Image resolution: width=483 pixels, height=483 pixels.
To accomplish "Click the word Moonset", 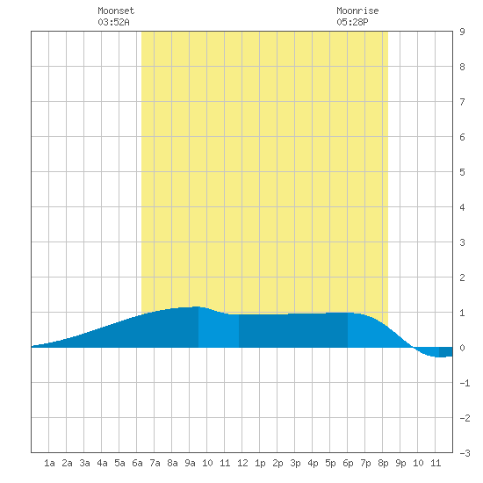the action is (116, 11).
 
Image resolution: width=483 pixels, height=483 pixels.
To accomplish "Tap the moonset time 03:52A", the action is (113, 22).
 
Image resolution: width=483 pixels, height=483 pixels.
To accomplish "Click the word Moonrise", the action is (357, 11).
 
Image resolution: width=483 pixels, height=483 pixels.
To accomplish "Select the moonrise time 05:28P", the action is (352, 22).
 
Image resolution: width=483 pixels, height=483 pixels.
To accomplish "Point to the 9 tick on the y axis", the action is (462, 32).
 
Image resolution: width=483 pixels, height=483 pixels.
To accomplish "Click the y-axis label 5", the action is (462, 172).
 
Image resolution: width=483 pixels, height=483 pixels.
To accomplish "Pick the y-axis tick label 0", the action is (462, 348).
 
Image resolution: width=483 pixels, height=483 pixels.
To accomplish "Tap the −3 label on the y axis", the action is (465, 453).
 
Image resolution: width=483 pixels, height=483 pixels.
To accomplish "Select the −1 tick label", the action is (465, 383).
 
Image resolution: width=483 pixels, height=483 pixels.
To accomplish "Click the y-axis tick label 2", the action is (462, 278).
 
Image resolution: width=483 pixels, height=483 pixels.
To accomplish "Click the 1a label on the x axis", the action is (49, 463).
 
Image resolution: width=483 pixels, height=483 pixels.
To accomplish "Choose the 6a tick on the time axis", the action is (137, 463).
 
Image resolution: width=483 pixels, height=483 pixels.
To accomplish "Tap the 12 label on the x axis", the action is (242, 463).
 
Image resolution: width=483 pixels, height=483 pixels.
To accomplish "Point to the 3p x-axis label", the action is (295, 463).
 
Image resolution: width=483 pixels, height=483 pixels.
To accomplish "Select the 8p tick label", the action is (383, 463).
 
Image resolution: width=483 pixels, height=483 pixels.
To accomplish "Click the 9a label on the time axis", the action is (190, 463).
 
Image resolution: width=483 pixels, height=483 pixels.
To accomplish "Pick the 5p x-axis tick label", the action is (330, 463).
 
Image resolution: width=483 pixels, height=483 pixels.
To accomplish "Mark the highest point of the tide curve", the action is (196, 306).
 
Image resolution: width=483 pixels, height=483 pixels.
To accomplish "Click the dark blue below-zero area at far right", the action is (446, 352).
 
